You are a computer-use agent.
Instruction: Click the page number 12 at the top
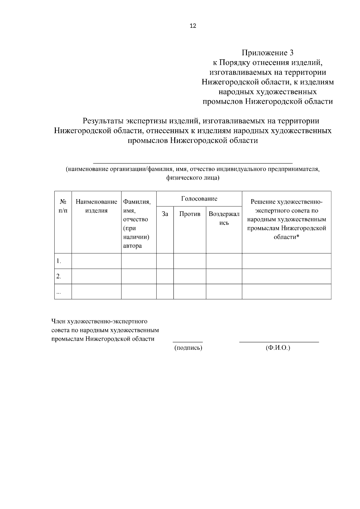pyautogui.click(x=193, y=26)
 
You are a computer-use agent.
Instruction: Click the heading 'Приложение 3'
pyautogui.click(x=268, y=53)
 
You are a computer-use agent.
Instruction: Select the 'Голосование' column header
pyautogui.click(x=199, y=199)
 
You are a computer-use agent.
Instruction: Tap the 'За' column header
pyautogui.click(x=165, y=214)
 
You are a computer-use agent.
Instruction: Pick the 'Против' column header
pyautogui.click(x=190, y=214)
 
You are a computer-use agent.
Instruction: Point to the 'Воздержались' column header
pyautogui.click(x=224, y=218)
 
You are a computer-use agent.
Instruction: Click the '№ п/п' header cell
pyautogui.click(x=63, y=206)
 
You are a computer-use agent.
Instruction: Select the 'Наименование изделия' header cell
pyautogui.click(x=96, y=206)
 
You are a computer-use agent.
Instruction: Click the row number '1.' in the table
pyautogui.click(x=59, y=261)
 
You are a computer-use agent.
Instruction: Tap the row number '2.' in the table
pyautogui.click(x=59, y=277)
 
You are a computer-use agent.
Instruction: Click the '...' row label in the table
pyautogui.click(x=59, y=292)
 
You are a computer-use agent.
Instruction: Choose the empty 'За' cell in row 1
pyautogui.click(x=165, y=261)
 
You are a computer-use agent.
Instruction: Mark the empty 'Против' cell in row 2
pyautogui.click(x=190, y=276)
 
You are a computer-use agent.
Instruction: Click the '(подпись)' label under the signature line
pyautogui.click(x=188, y=348)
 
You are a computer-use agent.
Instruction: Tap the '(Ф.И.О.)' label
pyautogui.click(x=278, y=348)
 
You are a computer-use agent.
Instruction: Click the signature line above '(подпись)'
pyautogui.click(x=187, y=342)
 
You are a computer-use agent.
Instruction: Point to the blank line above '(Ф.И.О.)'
pyautogui.click(x=279, y=342)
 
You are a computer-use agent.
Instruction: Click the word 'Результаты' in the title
pyautogui.click(x=103, y=121)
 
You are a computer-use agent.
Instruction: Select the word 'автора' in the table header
pyautogui.click(x=132, y=246)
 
